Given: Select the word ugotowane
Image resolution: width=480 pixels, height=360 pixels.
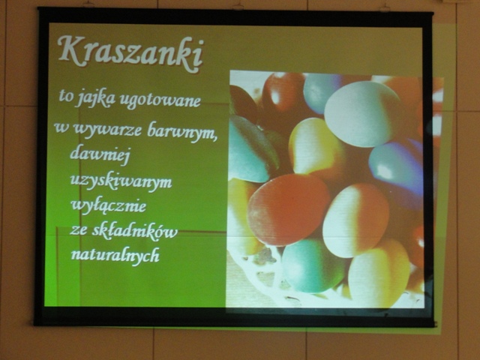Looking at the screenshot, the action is click(160, 100).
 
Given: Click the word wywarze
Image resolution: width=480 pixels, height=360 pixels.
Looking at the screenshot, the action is click(107, 130).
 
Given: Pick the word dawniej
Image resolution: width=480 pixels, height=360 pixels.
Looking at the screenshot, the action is click(100, 154).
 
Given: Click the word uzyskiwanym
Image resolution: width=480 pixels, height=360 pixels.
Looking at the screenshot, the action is click(121, 181).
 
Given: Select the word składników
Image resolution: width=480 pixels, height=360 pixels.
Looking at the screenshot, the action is click(135, 231).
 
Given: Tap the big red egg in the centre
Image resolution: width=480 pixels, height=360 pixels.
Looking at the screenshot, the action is click(288, 210).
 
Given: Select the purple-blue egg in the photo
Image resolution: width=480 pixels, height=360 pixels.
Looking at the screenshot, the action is click(396, 166).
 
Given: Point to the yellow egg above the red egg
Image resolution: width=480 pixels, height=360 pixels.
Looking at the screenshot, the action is click(315, 147).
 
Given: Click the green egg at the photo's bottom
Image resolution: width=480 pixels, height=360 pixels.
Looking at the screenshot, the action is click(313, 265).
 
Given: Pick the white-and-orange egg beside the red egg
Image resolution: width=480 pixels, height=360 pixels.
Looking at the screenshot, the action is click(355, 220).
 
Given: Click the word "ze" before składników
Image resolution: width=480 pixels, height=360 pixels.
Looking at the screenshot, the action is click(78, 231).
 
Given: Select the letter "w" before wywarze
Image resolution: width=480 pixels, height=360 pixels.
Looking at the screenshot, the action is click(61, 128).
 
